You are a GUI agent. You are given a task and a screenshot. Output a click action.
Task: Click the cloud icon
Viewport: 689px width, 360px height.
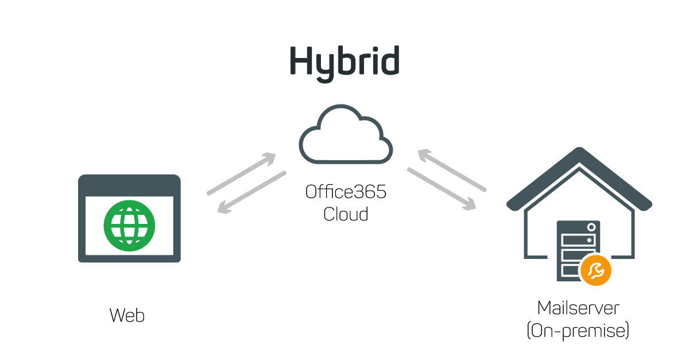346,136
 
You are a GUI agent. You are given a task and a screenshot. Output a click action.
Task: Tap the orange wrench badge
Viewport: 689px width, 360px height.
595,270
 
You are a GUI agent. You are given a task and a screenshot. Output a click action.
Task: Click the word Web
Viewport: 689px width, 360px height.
127,315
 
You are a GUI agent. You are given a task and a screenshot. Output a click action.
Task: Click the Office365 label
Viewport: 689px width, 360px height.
346,191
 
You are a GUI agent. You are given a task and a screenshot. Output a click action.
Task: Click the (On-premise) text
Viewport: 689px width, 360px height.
578,331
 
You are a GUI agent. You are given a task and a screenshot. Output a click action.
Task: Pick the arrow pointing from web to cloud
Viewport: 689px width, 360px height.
242,173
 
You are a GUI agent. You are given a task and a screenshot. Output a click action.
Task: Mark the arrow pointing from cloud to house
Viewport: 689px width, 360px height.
442,189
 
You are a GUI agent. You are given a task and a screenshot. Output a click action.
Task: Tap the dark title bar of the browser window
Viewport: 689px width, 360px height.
129,185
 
